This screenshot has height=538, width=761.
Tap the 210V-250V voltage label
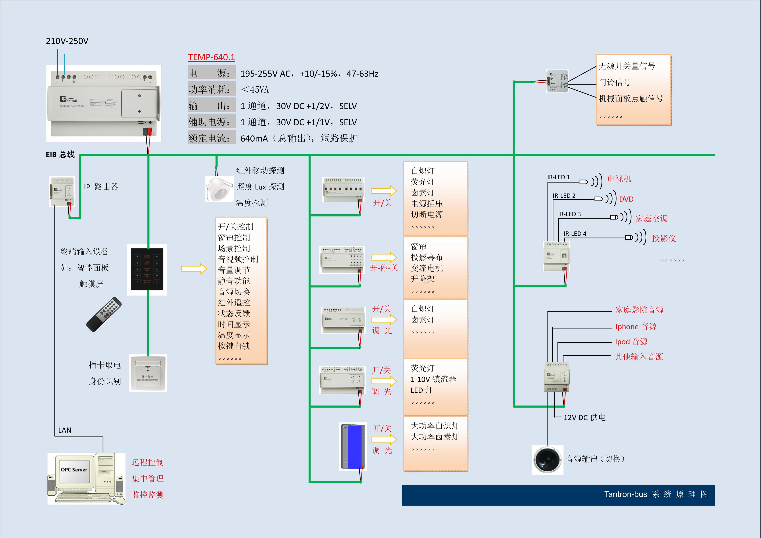click(67, 41)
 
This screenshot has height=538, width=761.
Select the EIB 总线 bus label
click(60, 154)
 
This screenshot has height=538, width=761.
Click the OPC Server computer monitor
click(74, 471)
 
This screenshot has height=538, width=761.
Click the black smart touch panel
click(147, 269)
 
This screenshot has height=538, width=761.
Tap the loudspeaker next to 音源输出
click(547, 460)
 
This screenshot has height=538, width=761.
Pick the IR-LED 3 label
click(569, 214)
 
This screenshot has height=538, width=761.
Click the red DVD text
click(626, 199)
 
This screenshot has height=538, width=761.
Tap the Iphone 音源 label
click(636, 327)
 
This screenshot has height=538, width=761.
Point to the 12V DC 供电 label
click(584, 418)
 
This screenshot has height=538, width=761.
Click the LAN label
click(65, 430)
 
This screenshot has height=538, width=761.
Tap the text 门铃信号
click(615, 82)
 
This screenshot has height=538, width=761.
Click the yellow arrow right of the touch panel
click(194, 268)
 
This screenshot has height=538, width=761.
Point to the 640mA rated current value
click(254, 139)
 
